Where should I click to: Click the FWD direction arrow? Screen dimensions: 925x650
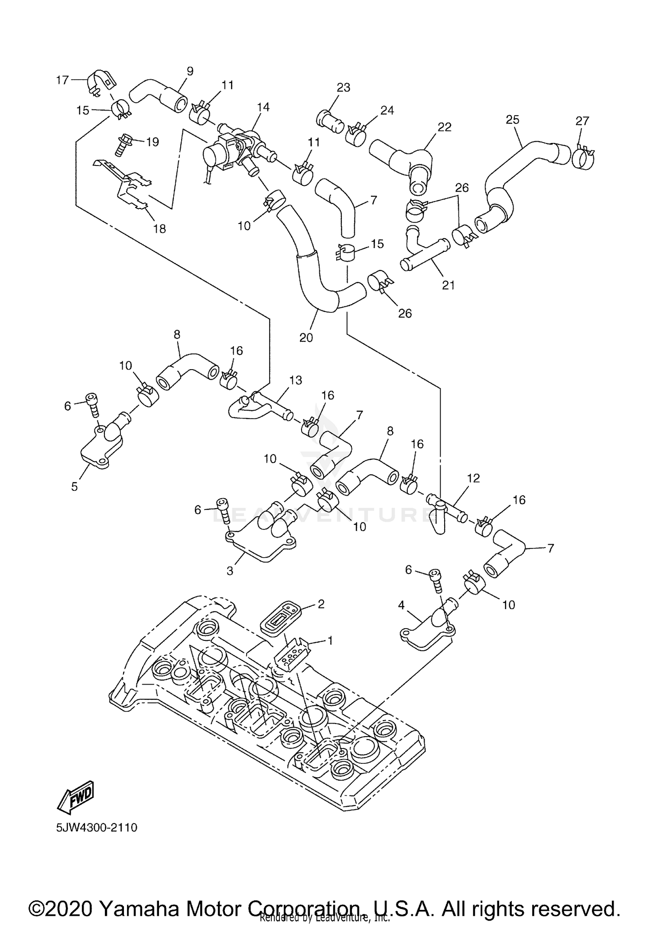pos(76,798)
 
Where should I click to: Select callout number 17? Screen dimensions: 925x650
pos(62,80)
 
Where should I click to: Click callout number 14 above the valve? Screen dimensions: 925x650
pos(263,107)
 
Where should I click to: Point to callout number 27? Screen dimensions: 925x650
pos(582,121)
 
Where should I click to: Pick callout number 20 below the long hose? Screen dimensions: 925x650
pos(306,337)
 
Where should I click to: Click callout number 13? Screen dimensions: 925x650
pos(296,380)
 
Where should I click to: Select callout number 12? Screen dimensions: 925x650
pos(474,478)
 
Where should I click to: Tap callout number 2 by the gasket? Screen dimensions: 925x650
pos(321,604)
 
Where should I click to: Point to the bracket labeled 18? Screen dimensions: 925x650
pos(126,186)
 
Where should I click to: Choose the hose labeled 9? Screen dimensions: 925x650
pos(160,93)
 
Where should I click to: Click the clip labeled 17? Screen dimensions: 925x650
pos(99,81)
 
